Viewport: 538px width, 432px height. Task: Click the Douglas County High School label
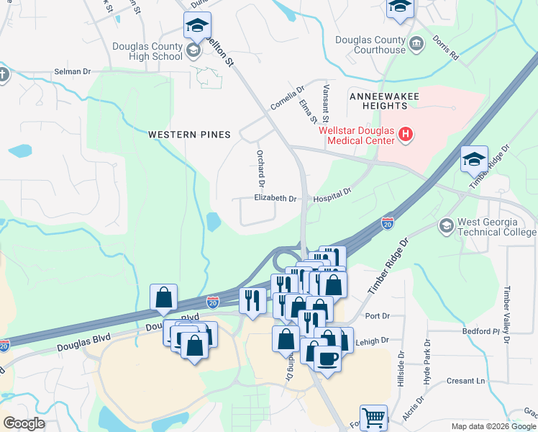pos(147,51)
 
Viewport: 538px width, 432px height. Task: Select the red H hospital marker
pos(406,135)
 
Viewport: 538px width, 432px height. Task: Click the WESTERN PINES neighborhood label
pos(189,135)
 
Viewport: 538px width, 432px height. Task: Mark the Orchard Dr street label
pos(262,166)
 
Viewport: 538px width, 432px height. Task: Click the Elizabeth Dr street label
pos(275,198)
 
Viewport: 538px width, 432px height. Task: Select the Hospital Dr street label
pos(332,194)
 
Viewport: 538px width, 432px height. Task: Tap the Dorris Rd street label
pos(445,46)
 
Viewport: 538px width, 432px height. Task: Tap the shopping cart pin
pos(373,417)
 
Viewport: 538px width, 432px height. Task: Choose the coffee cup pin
pos(327,358)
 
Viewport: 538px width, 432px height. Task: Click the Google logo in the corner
pos(24,423)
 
